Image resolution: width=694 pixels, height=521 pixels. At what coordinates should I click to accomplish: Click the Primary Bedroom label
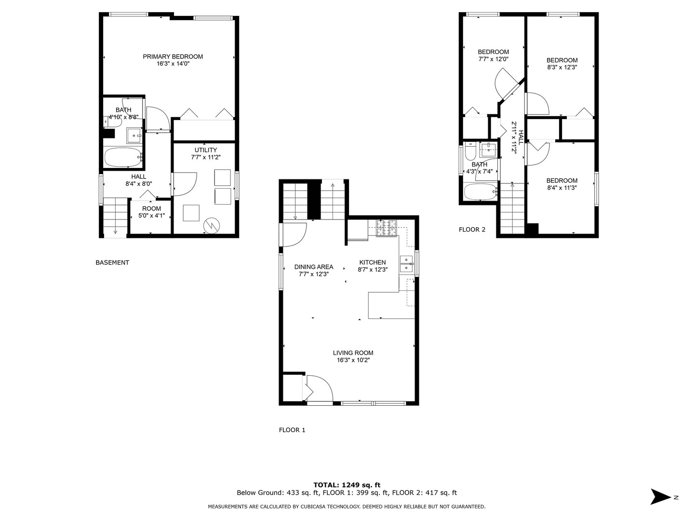(173, 56)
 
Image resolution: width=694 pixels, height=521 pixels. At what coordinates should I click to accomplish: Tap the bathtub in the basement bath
(123, 157)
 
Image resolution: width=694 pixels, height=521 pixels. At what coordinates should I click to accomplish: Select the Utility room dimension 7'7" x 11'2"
(206, 157)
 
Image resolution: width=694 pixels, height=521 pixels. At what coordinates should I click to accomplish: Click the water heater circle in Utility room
(211, 225)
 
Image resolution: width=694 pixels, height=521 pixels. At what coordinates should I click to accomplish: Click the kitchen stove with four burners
(386, 229)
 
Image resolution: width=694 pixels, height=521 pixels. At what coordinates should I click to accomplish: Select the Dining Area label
(314, 267)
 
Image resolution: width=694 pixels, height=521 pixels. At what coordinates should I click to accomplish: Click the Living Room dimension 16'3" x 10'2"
(353, 360)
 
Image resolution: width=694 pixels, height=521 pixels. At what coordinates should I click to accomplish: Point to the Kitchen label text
(372, 262)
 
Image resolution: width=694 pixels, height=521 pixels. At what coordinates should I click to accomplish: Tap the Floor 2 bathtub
(480, 192)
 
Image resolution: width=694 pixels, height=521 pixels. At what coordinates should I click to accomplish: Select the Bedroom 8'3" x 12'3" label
(562, 60)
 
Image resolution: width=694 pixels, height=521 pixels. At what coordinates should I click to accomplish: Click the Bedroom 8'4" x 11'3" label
(562, 180)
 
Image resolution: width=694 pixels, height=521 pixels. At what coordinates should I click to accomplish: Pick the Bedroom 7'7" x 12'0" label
(493, 52)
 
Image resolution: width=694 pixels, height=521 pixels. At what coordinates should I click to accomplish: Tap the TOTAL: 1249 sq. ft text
(347, 485)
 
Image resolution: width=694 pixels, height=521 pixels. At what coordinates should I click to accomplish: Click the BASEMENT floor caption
(112, 263)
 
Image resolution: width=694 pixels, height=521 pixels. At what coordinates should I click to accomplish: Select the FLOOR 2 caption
(472, 230)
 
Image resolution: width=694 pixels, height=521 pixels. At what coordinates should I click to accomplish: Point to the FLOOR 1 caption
(292, 430)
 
